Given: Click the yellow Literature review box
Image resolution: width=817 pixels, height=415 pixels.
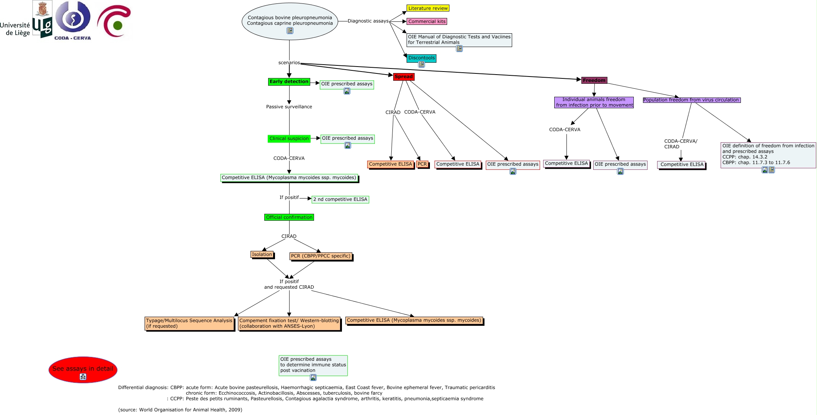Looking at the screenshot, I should click(x=428, y=8).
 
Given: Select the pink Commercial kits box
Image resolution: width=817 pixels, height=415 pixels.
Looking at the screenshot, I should click(x=427, y=21).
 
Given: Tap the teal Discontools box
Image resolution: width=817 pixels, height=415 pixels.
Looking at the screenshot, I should click(x=422, y=58).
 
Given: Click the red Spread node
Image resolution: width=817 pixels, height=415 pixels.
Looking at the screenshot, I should click(x=404, y=76).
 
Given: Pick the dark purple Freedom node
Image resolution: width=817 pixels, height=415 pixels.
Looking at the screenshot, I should click(x=594, y=80).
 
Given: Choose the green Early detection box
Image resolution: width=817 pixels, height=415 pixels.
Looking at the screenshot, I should click(x=289, y=81).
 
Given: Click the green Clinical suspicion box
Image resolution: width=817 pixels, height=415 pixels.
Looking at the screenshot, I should click(x=289, y=138).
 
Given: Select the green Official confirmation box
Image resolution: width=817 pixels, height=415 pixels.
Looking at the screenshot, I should click(x=289, y=217).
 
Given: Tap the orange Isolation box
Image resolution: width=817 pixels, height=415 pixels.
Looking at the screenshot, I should click(x=262, y=254).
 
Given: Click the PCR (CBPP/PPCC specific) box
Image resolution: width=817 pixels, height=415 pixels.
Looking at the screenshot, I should click(x=321, y=256).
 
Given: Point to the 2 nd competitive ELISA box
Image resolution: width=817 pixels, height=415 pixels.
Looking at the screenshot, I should click(x=340, y=199).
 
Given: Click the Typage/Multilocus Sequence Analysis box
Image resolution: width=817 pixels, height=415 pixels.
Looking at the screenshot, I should click(x=189, y=323).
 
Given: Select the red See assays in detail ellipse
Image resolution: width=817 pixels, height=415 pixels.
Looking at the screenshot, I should click(x=83, y=369).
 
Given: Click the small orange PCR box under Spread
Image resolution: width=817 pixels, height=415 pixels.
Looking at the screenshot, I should click(x=422, y=164).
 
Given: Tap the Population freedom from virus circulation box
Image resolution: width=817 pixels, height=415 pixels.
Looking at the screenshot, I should click(x=691, y=100).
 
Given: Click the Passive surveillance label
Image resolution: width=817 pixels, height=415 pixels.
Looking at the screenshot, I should click(x=289, y=107).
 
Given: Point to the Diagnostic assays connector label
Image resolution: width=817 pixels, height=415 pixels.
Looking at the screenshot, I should click(x=368, y=21).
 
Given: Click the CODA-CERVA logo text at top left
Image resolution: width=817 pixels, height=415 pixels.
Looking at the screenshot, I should click(x=73, y=38).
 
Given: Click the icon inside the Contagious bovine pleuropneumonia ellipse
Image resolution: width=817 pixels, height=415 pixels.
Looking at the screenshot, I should click(x=290, y=31).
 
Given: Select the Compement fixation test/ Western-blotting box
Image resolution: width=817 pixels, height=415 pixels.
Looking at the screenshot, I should click(x=289, y=323).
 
